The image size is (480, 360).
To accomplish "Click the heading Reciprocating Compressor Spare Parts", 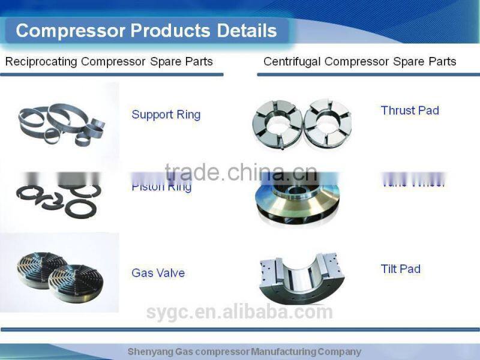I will [x=109, y=61].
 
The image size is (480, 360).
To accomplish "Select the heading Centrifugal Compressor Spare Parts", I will [x=359, y=61].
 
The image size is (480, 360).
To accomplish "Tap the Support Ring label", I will [x=166, y=115].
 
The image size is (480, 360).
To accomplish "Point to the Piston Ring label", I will [x=161, y=187].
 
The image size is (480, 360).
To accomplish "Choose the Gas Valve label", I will [x=158, y=273].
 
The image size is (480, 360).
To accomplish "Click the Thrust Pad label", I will [x=410, y=110].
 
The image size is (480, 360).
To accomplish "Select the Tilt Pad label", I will [x=400, y=269].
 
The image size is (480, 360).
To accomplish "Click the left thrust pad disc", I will [x=277, y=124].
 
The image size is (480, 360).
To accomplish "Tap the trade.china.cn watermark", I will [x=240, y=173].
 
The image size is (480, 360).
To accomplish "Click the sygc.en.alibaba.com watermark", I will [x=239, y=312].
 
